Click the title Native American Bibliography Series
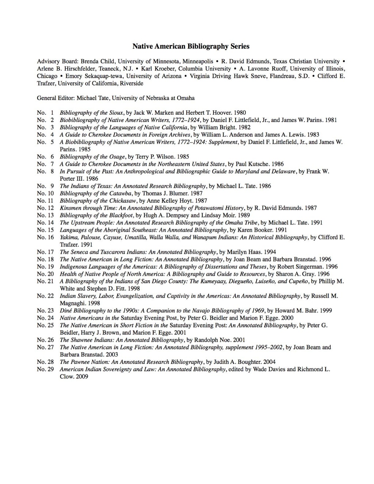[x=191, y=46]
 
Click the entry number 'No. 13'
[x=45, y=215]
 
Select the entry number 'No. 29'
[x=45, y=369]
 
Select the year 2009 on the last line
[x=82, y=377]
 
